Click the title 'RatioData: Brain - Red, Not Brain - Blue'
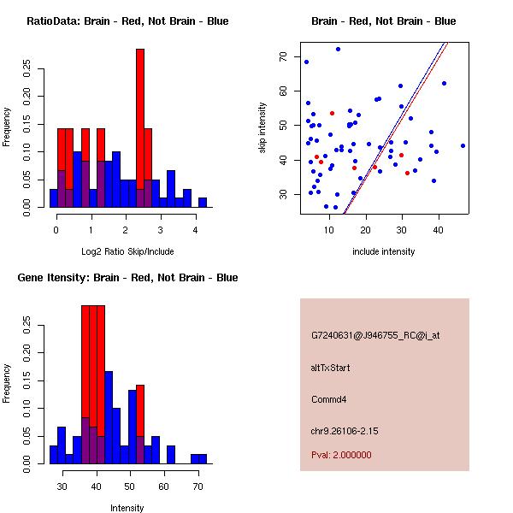click(127, 21)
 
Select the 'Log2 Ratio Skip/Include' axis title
click(127, 251)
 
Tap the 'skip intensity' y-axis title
click(262, 128)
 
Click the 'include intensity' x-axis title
click(383, 251)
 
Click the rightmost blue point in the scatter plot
click(463, 145)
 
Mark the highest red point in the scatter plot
click(332, 113)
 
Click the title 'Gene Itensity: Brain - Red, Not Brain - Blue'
click(127, 278)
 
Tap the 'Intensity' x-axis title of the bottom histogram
click(127, 508)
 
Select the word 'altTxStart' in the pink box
click(330, 368)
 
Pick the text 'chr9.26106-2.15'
click(344, 429)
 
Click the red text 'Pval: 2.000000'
click(341, 455)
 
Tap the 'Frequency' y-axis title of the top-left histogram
click(7, 126)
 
